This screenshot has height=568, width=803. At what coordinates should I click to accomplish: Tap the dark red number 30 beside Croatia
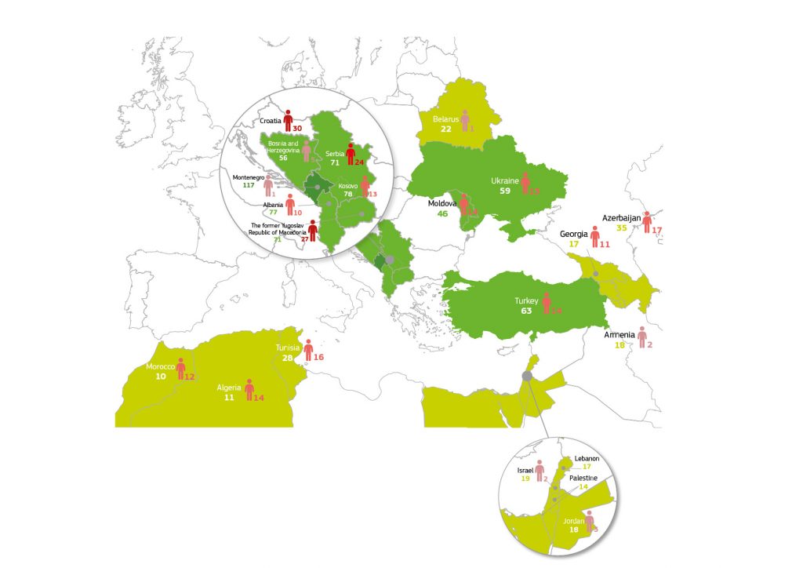(297, 127)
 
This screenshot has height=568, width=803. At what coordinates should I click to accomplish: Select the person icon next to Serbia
(351, 154)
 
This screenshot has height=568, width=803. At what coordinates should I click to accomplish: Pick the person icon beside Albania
(290, 205)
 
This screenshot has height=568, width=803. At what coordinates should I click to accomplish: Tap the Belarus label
(446, 119)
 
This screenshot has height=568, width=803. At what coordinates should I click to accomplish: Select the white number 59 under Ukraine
(505, 190)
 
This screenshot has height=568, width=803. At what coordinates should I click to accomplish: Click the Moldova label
(442, 203)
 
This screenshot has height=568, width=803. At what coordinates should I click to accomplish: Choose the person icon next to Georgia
(595, 236)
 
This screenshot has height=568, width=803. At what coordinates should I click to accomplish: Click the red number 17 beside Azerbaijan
(657, 230)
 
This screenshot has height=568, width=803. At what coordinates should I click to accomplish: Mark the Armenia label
(620, 335)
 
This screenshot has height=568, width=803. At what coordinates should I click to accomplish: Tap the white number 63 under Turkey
(526, 311)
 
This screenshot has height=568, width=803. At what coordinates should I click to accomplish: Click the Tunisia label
(289, 348)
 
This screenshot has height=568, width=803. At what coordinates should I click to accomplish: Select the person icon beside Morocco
(181, 369)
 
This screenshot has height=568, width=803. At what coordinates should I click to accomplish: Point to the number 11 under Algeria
(230, 398)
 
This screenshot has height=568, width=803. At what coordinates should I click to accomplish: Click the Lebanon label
(587, 458)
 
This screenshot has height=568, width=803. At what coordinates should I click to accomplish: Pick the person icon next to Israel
(540, 471)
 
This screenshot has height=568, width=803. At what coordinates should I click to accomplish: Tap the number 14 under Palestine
(583, 487)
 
